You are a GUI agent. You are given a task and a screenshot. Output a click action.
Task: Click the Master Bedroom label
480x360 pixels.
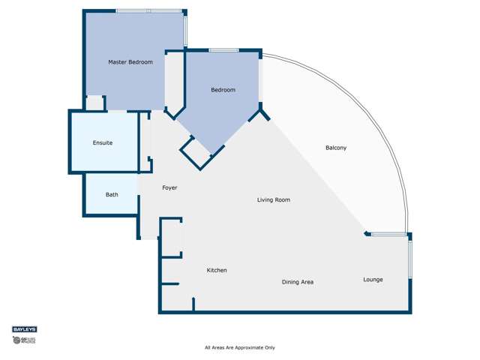point(130,62)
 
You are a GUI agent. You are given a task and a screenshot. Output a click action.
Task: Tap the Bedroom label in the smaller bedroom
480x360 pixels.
point(223,90)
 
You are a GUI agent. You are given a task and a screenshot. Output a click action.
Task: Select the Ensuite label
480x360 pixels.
point(103,142)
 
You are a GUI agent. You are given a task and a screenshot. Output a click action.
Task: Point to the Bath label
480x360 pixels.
point(111,195)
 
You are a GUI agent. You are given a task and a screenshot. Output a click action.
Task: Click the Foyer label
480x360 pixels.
point(169,187)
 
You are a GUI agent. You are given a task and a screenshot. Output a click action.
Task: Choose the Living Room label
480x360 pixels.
point(273,200)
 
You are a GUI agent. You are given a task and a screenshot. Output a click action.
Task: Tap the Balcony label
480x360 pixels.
point(336,148)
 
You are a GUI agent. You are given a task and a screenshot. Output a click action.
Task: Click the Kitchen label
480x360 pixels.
point(217,270)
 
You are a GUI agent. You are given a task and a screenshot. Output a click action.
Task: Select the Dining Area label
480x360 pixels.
point(297,282)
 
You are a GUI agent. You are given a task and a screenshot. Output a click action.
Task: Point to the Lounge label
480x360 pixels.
point(373,280)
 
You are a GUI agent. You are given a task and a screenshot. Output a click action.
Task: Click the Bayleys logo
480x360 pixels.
point(24,329)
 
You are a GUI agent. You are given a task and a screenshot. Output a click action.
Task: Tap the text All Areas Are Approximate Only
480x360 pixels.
point(240,348)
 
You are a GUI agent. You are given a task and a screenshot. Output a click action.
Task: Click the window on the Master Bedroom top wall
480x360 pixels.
point(148,10)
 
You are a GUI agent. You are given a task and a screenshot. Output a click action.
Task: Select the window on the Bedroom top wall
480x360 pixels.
point(223,50)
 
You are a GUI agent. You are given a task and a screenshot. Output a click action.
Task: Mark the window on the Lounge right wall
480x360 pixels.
point(409,259)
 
